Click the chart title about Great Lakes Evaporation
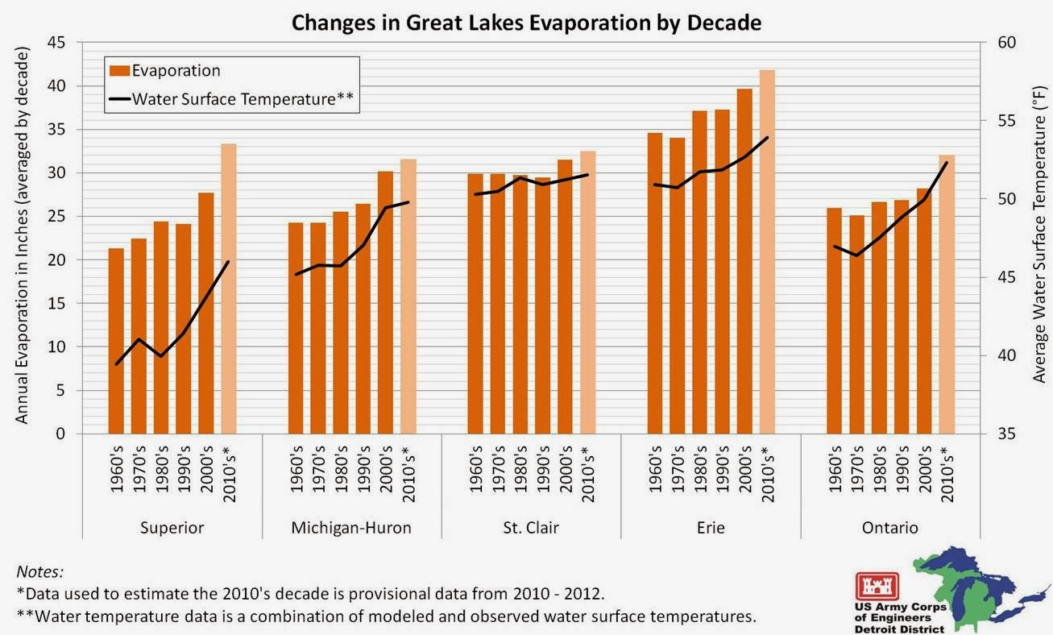(526, 22)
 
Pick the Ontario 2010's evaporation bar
(947, 294)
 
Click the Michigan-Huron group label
(351, 529)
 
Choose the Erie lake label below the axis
(711, 529)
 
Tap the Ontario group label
(890, 529)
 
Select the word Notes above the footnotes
(39, 571)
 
